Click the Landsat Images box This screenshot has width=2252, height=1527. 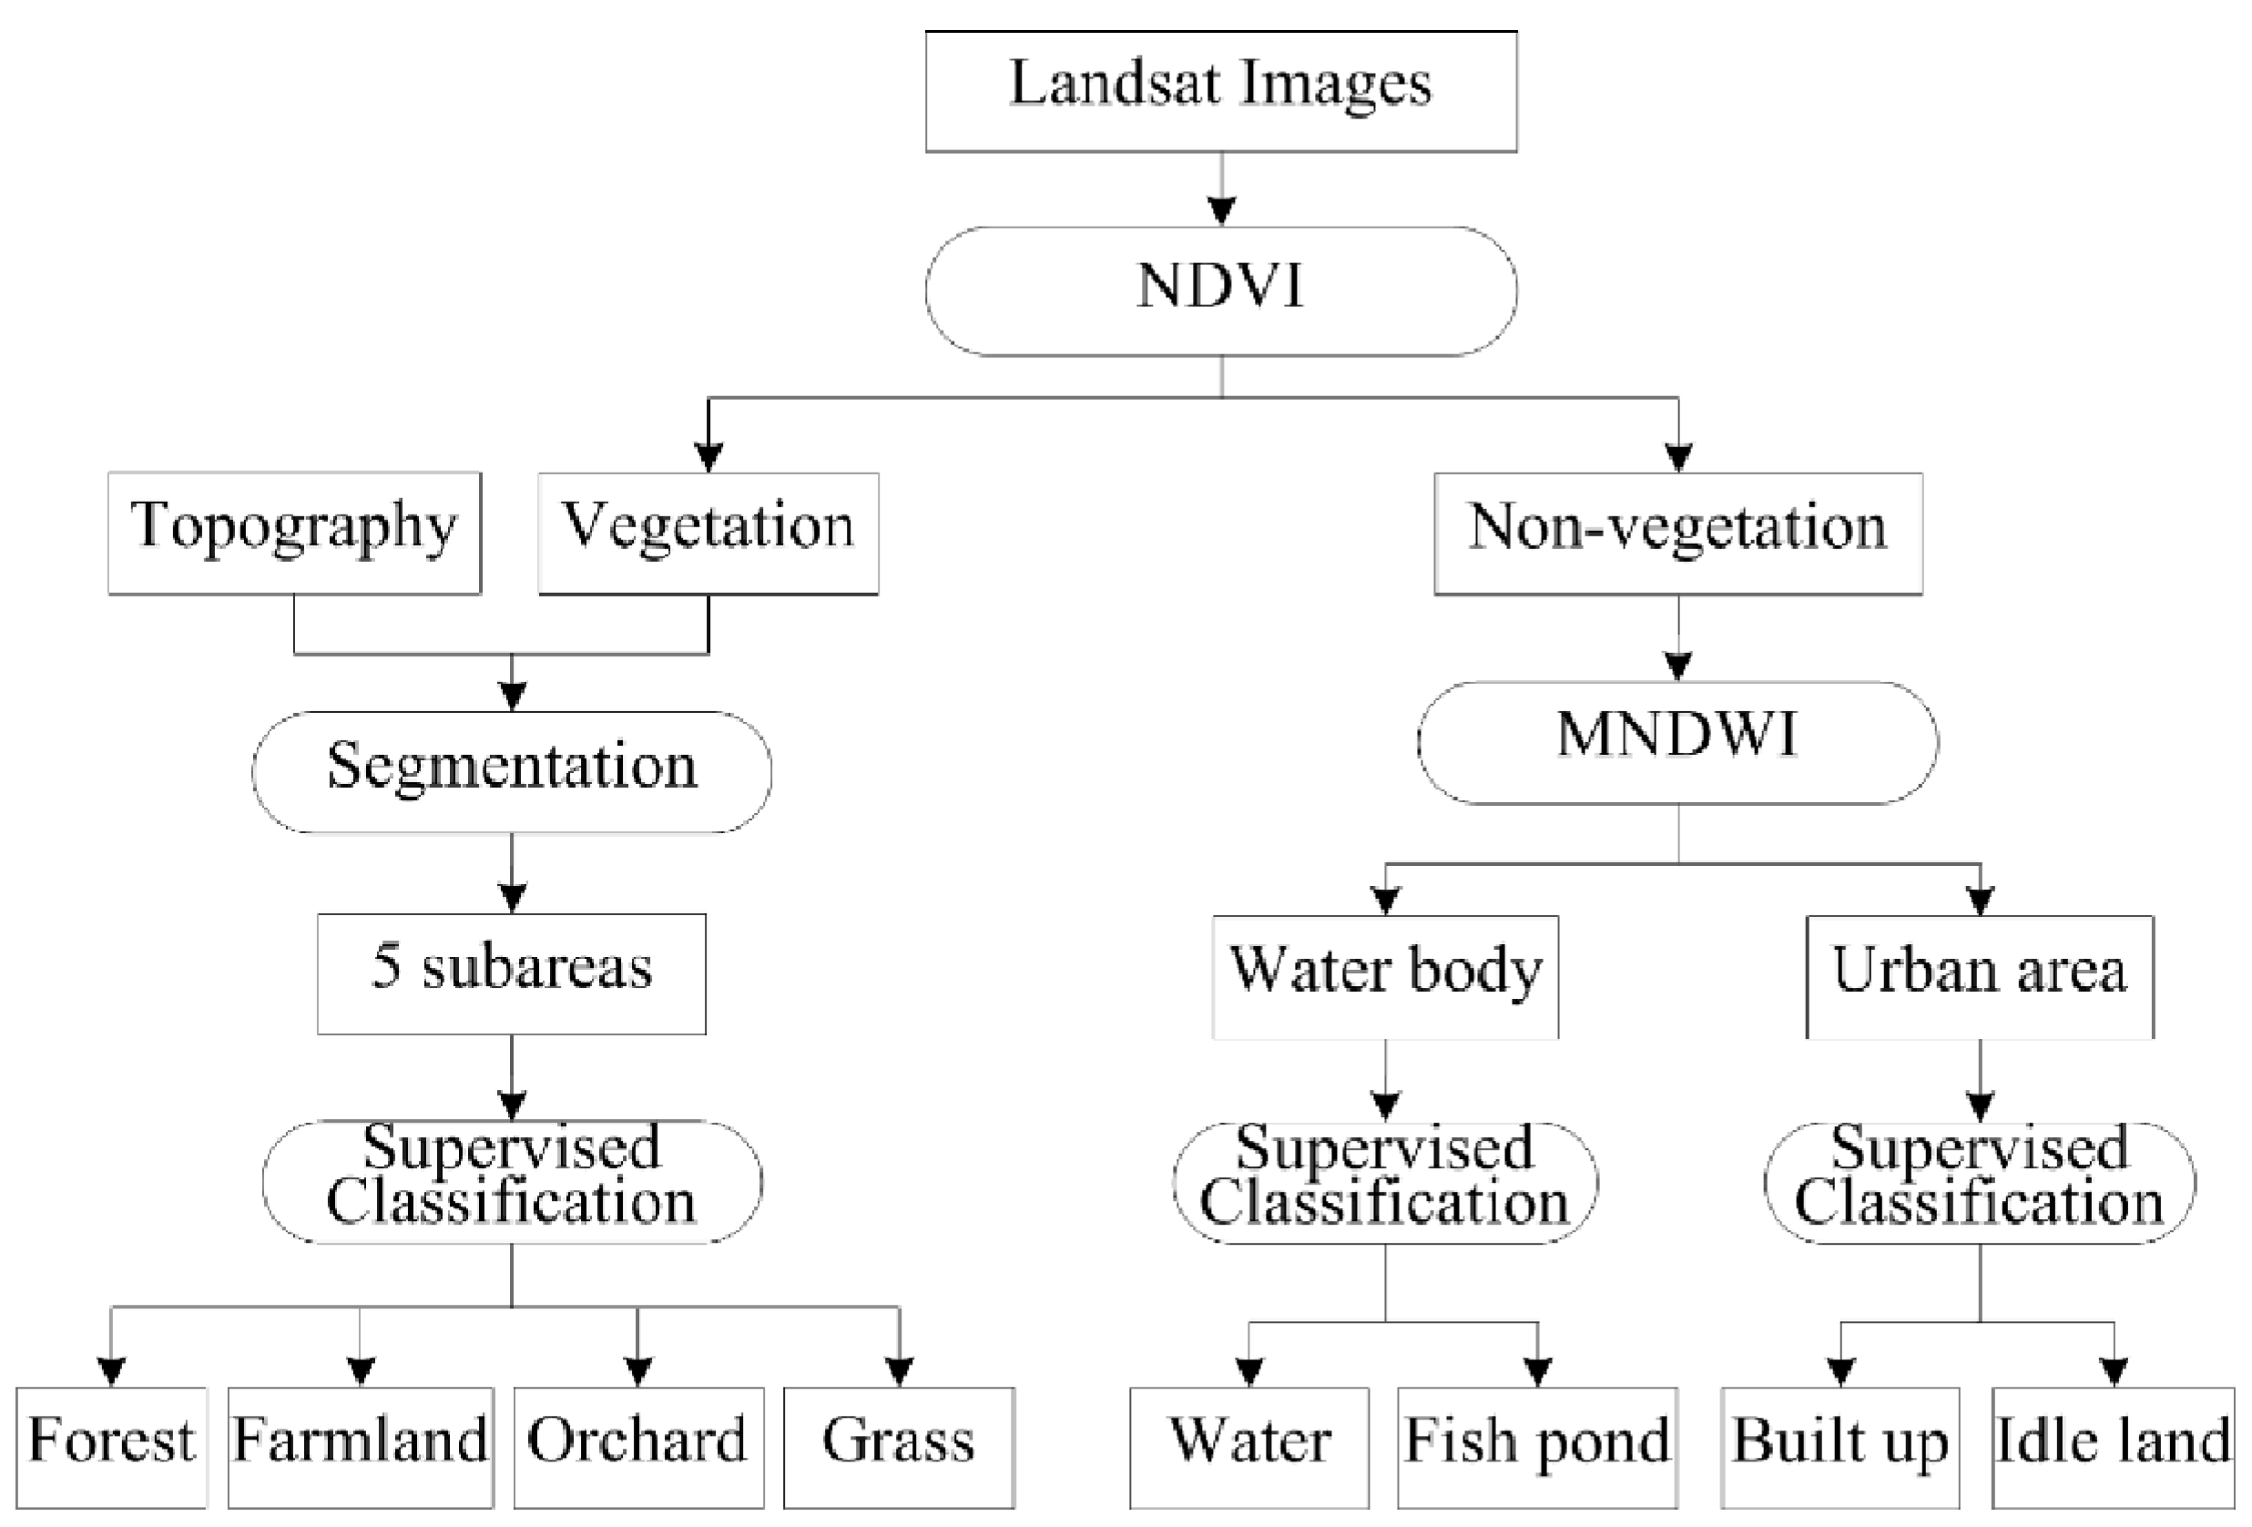pyautogui.click(x=1220, y=91)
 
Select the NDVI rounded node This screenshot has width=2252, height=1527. pyautogui.click(x=1220, y=290)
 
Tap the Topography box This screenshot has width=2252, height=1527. pyautogui.click(x=293, y=533)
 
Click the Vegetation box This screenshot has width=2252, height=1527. pyautogui.click(x=708, y=533)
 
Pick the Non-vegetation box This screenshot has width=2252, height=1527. pyautogui.click(x=1677, y=533)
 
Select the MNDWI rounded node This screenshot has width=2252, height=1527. pyautogui.click(x=1677, y=742)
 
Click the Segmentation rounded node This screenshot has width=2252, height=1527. pyautogui.click(x=512, y=771)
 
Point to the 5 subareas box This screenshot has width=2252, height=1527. pyautogui.click(x=512, y=972)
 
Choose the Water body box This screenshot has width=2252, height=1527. pyautogui.click(x=1386, y=976)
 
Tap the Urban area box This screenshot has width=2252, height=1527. pyautogui.click(x=1980, y=976)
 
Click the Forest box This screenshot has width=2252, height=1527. pyautogui.click(x=111, y=1447)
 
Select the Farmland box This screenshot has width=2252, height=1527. pyautogui.click(x=361, y=1447)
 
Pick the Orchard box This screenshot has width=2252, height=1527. pyautogui.click(x=637, y=1447)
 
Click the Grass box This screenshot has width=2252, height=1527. pyautogui.click(x=898, y=1447)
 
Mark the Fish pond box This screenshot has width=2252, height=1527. pyautogui.click(x=1537, y=1447)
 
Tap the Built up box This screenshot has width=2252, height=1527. pyautogui.click(x=1840, y=1447)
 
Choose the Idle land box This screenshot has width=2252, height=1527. pyautogui.click(x=2113, y=1447)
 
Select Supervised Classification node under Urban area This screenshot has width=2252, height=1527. pyautogui.click(x=1980, y=1182)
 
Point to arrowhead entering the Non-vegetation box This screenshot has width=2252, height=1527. pyautogui.click(x=1678, y=456)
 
